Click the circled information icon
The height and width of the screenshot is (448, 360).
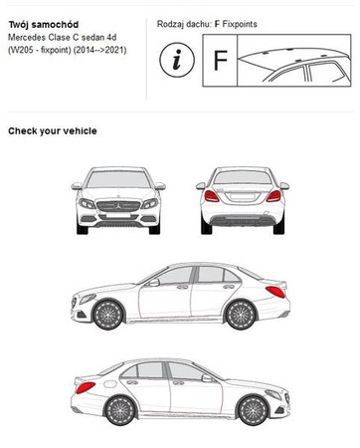point(177,60)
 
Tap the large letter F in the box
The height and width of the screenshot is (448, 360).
point(221,61)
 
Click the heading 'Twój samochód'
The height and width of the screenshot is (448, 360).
point(44,25)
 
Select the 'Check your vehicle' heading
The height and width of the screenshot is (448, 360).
point(53,131)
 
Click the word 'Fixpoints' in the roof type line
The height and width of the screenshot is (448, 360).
point(240,24)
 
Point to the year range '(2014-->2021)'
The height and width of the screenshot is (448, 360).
point(99,50)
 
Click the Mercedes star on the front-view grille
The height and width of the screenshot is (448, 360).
point(118,206)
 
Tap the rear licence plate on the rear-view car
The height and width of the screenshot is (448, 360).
point(243,197)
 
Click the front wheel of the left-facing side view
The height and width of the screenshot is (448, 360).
point(108,315)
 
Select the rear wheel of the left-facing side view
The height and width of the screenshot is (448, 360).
point(241,315)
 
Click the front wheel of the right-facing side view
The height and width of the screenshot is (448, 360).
point(253,411)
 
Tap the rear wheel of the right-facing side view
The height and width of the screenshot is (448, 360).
point(120,411)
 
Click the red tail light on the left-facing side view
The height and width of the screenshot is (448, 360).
point(275,292)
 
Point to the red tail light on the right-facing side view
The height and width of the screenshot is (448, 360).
point(86,387)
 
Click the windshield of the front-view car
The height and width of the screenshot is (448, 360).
point(118,179)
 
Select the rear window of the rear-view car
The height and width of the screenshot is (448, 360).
point(243,177)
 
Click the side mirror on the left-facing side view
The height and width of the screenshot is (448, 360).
point(154,283)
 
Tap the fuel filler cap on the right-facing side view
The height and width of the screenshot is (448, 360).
point(110,384)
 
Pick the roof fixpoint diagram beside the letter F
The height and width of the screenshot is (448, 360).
point(294,61)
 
